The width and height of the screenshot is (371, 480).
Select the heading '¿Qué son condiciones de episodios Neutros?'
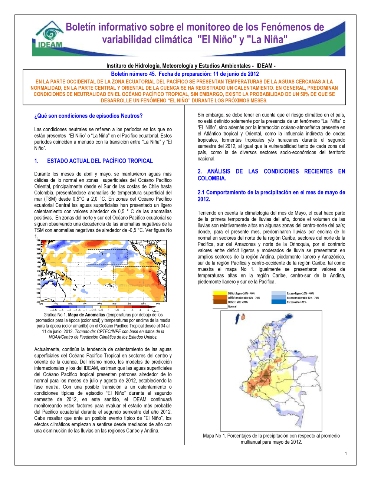(x=88, y=116)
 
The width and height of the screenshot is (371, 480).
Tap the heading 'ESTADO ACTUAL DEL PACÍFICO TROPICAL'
(x=100, y=161)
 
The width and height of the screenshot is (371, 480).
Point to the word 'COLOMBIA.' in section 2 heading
(x=211, y=178)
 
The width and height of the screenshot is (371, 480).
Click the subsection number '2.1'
(x=201, y=192)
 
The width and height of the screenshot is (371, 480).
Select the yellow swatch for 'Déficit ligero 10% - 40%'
(x=220, y=293)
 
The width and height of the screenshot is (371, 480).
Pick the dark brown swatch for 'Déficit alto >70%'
(x=220, y=302)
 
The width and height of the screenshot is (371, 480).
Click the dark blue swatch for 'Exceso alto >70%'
(x=279, y=302)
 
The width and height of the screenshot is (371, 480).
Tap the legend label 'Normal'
(x=232, y=306)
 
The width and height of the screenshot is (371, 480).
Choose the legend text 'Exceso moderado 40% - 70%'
(x=303, y=297)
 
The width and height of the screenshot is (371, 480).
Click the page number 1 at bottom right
(x=346, y=453)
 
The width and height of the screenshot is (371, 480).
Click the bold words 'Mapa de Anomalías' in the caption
(x=86, y=315)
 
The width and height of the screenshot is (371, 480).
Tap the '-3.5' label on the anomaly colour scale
(x=53, y=310)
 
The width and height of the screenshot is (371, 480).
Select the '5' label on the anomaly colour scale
(x=148, y=310)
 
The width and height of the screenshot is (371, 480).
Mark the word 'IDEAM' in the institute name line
(x=265, y=66)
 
